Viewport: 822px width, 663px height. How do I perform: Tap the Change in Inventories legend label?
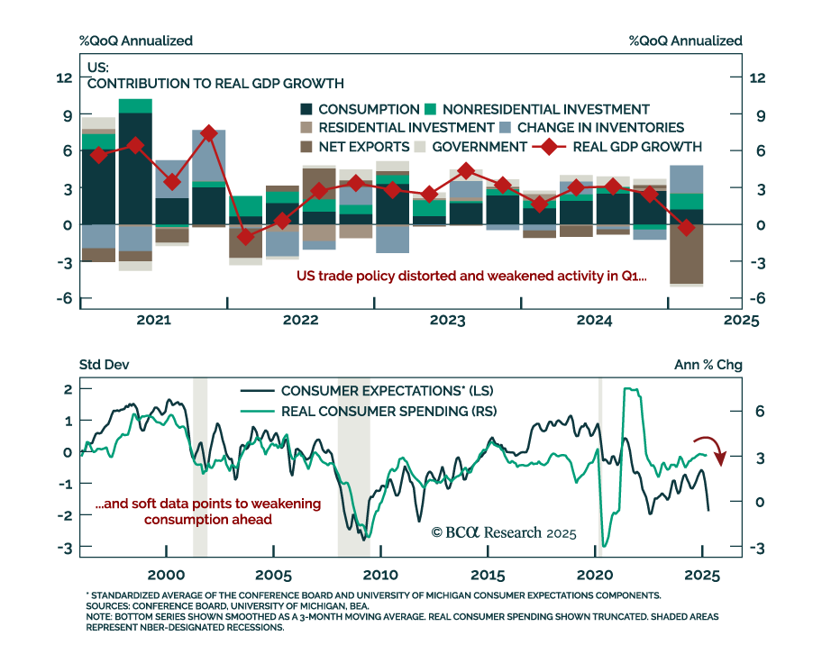600,128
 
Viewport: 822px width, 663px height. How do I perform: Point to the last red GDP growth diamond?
687,228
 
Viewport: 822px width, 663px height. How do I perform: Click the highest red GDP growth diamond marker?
209,133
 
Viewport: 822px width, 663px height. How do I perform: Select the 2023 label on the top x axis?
447,320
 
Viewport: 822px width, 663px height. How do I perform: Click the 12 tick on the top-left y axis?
64,78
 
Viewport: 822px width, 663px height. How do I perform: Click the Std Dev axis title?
98,366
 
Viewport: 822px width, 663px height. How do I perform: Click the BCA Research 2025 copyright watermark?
503,532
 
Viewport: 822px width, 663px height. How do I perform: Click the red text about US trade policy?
472,277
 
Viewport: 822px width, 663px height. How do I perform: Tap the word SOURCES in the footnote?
111,606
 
